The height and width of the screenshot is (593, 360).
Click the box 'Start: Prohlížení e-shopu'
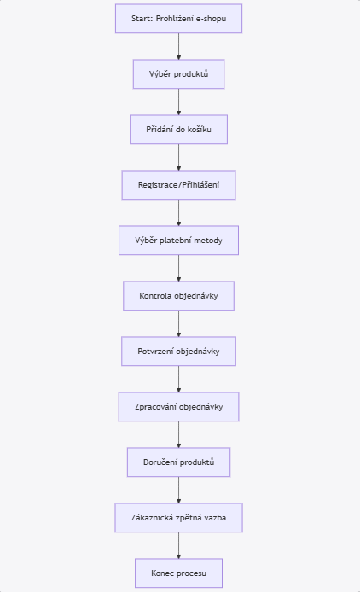[178, 19]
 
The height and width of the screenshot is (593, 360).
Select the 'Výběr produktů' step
[178, 74]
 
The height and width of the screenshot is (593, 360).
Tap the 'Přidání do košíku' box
[178, 130]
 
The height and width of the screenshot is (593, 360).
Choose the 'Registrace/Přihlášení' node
[178, 185]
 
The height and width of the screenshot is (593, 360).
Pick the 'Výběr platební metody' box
[178, 241]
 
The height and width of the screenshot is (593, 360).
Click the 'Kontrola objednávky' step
[178, 296]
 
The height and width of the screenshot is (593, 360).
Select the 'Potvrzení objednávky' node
[178, 352]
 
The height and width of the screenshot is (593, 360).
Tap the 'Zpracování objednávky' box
[178, 406]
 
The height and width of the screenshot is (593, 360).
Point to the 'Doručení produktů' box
[178, 462]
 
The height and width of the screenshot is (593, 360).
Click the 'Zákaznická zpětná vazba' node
[178, 518]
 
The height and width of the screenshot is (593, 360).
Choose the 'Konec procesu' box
[178, 573]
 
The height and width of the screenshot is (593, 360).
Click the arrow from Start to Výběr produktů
[178, 47]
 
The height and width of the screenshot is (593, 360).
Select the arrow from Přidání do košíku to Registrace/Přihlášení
[178, 157]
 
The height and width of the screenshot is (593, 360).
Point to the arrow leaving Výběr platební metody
[178, 268]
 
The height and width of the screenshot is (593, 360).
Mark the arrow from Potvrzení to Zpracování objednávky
[178, 379]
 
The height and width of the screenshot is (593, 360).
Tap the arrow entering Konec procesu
[178, 545]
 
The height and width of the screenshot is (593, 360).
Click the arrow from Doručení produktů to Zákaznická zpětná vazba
[178, 490]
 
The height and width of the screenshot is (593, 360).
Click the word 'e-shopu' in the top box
[211, 19]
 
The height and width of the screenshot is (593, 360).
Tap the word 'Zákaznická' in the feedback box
[148, 518]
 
